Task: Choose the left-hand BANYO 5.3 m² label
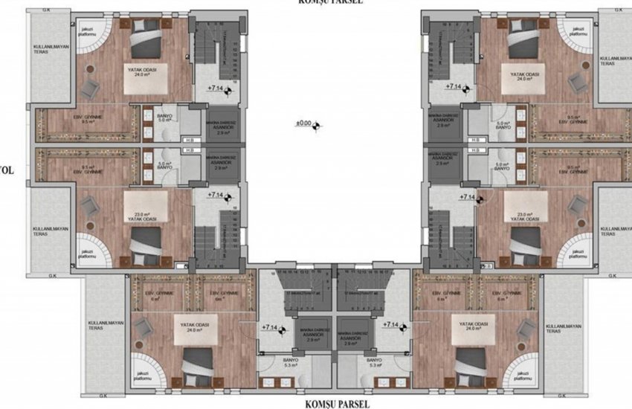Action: pos(288,364)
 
